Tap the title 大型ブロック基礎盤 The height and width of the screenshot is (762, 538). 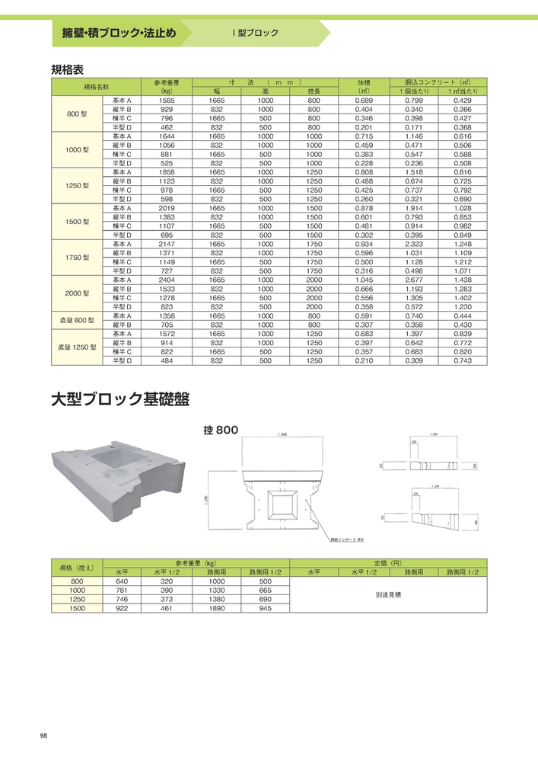(x=119, y=399)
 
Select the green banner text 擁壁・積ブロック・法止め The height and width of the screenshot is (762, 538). (x=119, y=34)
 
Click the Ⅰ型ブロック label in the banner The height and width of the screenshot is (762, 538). (x=255, y=34)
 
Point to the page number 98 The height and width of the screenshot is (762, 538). (x=43, y=735)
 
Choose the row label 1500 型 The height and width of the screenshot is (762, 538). (x=77, y=222)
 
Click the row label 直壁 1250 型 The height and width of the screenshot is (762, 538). (x=77, y=347)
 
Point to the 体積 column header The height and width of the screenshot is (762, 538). (x=364, y=82)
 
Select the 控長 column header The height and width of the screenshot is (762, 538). (x=314, y=91)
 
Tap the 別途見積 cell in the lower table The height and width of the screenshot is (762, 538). (x=387, y=594)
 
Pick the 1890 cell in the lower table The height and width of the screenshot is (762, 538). (x=216, y=609)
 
